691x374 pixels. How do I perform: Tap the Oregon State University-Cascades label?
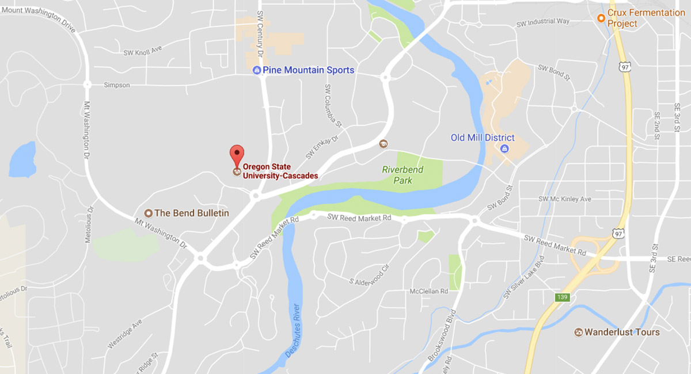click(x=280, y=171)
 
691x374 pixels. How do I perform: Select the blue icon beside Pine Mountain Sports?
click(x=257, y=70)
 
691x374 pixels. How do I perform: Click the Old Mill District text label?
click(x=483, y=138)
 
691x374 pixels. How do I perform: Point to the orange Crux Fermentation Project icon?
click(x=601, y=18)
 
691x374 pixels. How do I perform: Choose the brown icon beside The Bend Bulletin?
click(x=148, y=213)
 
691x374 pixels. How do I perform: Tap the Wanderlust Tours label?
click(x=622, y=332)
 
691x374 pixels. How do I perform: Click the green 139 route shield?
click(x=563, y=297)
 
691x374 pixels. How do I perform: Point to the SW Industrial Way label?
click(x=543, y=22)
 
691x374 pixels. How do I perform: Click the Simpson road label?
click(x=116, y=85)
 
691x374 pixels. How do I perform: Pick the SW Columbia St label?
click(x=333, y=106)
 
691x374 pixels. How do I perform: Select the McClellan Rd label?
click(x=428, y=292)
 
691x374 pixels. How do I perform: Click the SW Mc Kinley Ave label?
click(x=565, y=199)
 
